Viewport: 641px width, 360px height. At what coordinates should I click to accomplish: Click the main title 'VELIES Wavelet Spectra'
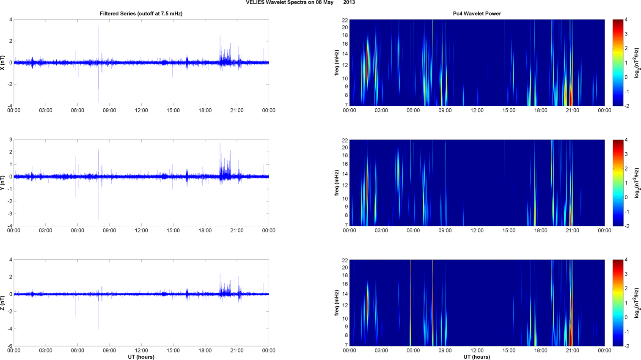[288, 3]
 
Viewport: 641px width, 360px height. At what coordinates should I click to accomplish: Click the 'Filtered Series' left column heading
[141, 14]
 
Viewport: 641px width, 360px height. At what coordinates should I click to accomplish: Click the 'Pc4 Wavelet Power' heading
[477, 14]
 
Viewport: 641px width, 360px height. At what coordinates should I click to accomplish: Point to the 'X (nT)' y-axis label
[3, 63]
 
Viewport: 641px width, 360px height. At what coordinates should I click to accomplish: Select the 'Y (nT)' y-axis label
[3, 183]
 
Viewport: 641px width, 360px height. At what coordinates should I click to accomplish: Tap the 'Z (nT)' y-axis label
[3, 303]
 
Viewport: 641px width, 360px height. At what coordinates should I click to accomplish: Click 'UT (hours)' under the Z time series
[141, 357]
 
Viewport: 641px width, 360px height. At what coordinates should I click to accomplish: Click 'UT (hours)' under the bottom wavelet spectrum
[477, 357]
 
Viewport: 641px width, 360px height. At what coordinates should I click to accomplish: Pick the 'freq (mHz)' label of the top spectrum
[337, 63]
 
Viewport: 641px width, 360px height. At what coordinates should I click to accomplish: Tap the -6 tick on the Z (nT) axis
[10, 346]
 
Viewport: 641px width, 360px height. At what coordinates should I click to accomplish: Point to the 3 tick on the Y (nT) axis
[11, 140]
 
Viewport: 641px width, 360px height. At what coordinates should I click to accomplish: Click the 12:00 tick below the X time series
[141, 110]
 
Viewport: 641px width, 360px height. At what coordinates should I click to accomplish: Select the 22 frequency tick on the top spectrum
[345, 20]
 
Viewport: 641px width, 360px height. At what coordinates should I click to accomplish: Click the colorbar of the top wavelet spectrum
[618, 63]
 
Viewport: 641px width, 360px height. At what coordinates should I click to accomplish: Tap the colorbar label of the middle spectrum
[637, 183]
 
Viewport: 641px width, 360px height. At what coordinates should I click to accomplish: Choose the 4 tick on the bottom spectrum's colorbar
[626, 260]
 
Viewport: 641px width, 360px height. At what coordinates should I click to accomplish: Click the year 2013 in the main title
[349, 3]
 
